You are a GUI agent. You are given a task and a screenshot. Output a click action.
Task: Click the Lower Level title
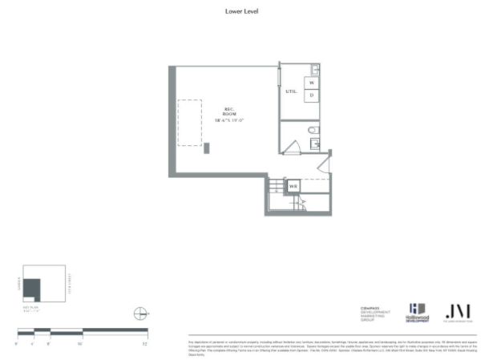point(241,12)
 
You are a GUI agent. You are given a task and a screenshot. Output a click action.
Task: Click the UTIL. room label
point(290,92)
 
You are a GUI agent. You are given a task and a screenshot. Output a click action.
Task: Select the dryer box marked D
point(312,95)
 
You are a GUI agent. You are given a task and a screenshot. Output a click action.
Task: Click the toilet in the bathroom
point(313,130)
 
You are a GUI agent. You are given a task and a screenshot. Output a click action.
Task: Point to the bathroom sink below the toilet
point(315,144)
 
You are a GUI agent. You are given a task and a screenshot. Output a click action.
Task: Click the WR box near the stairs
point(294,187)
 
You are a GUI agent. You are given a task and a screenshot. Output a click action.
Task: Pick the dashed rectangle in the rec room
point(189,123)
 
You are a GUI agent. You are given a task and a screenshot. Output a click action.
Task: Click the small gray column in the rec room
point(207,148)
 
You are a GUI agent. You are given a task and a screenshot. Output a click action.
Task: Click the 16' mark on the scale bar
point(81,342)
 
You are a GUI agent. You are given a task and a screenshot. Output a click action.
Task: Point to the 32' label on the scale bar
point(145,342)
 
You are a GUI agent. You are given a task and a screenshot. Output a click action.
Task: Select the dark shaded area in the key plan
point(31,289)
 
